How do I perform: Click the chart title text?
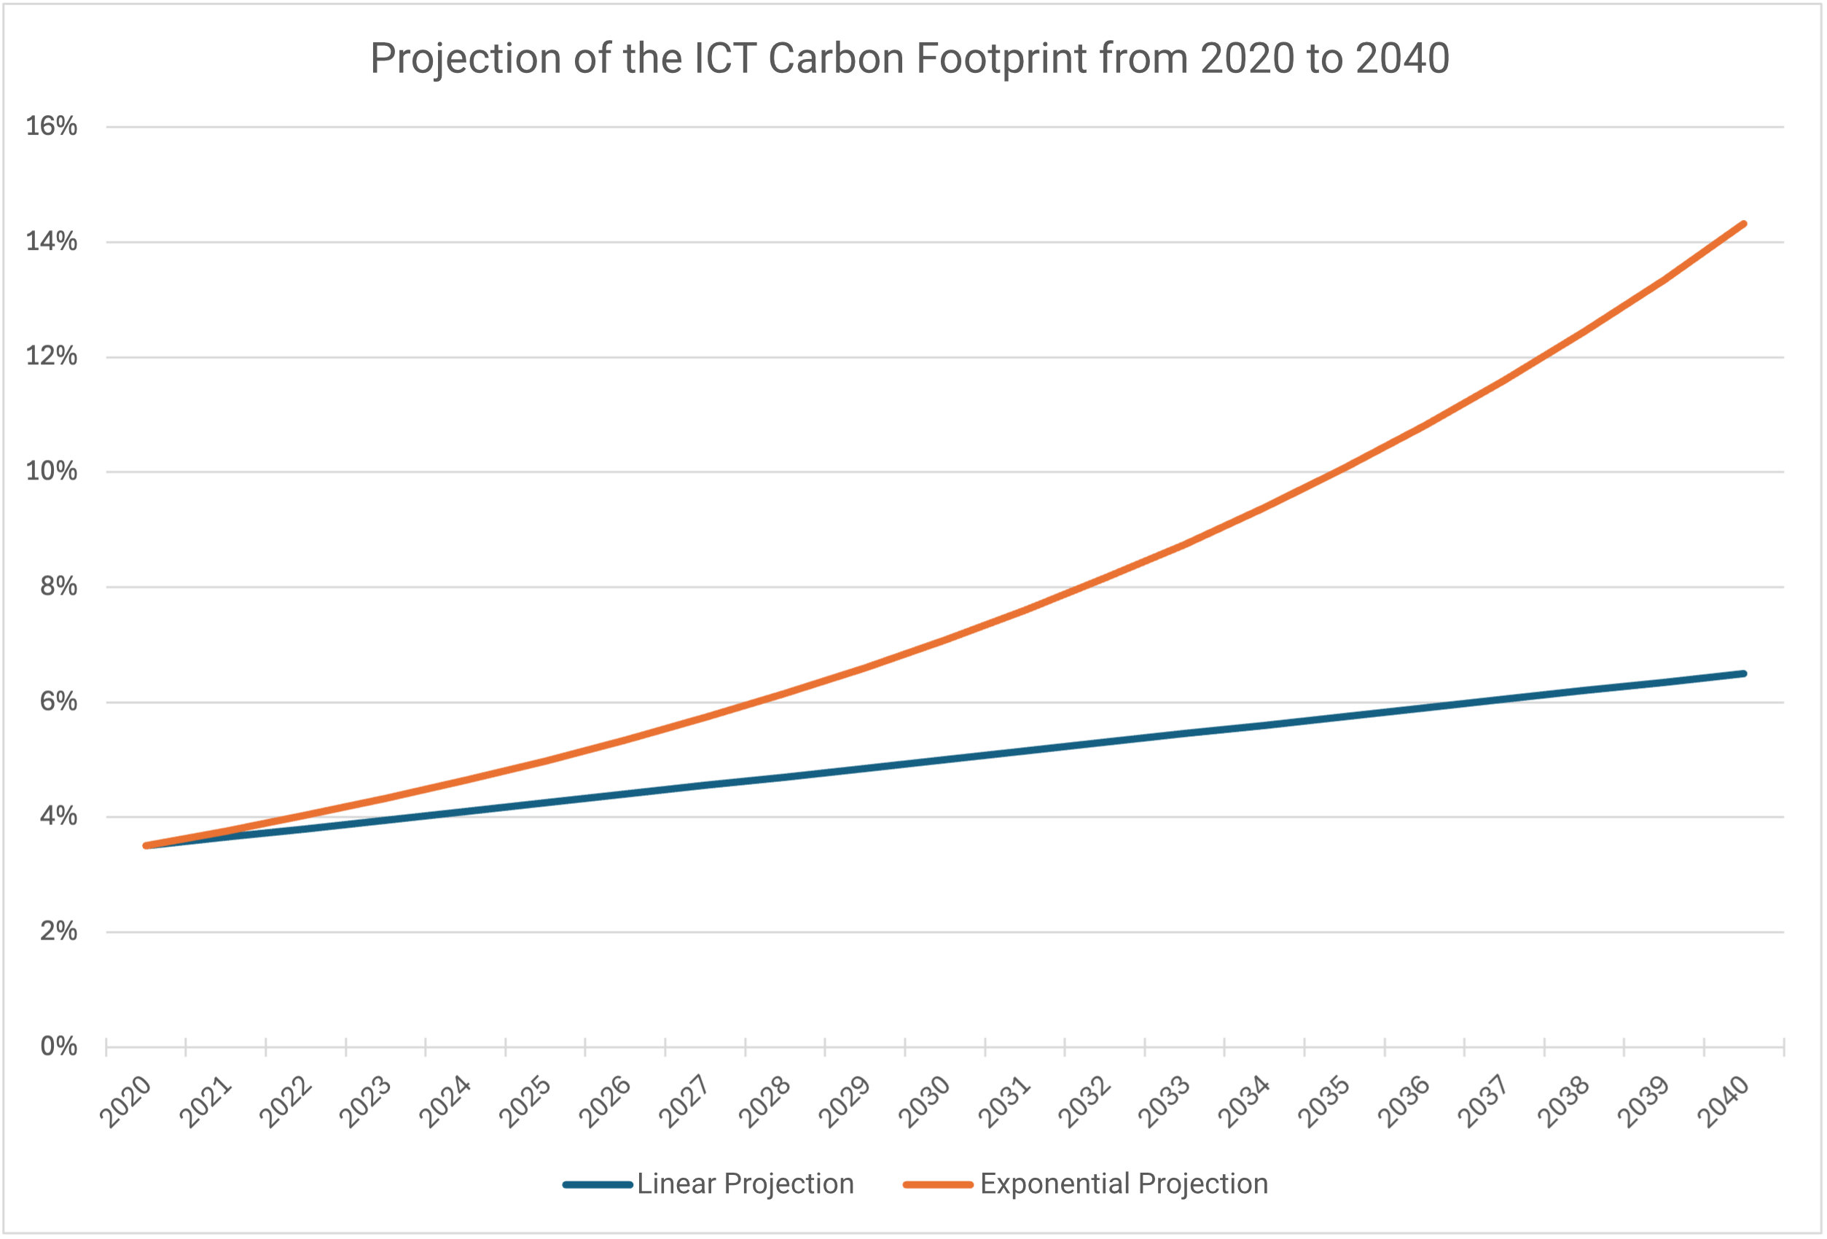[x=909, y=59]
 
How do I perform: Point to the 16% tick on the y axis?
[x=52, y=126]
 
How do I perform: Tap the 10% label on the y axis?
[x=52, y=471]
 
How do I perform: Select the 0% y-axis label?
[x=59, y=1046]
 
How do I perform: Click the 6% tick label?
[x=59, y=700]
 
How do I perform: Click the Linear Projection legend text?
[x=746, y=1184]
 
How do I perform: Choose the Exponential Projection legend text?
[x=1124, y=1184]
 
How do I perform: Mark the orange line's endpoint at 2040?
[x=1744, y=224]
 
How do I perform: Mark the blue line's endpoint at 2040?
[x=1744, y=673]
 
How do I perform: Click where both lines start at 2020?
[x=146, y=845]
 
